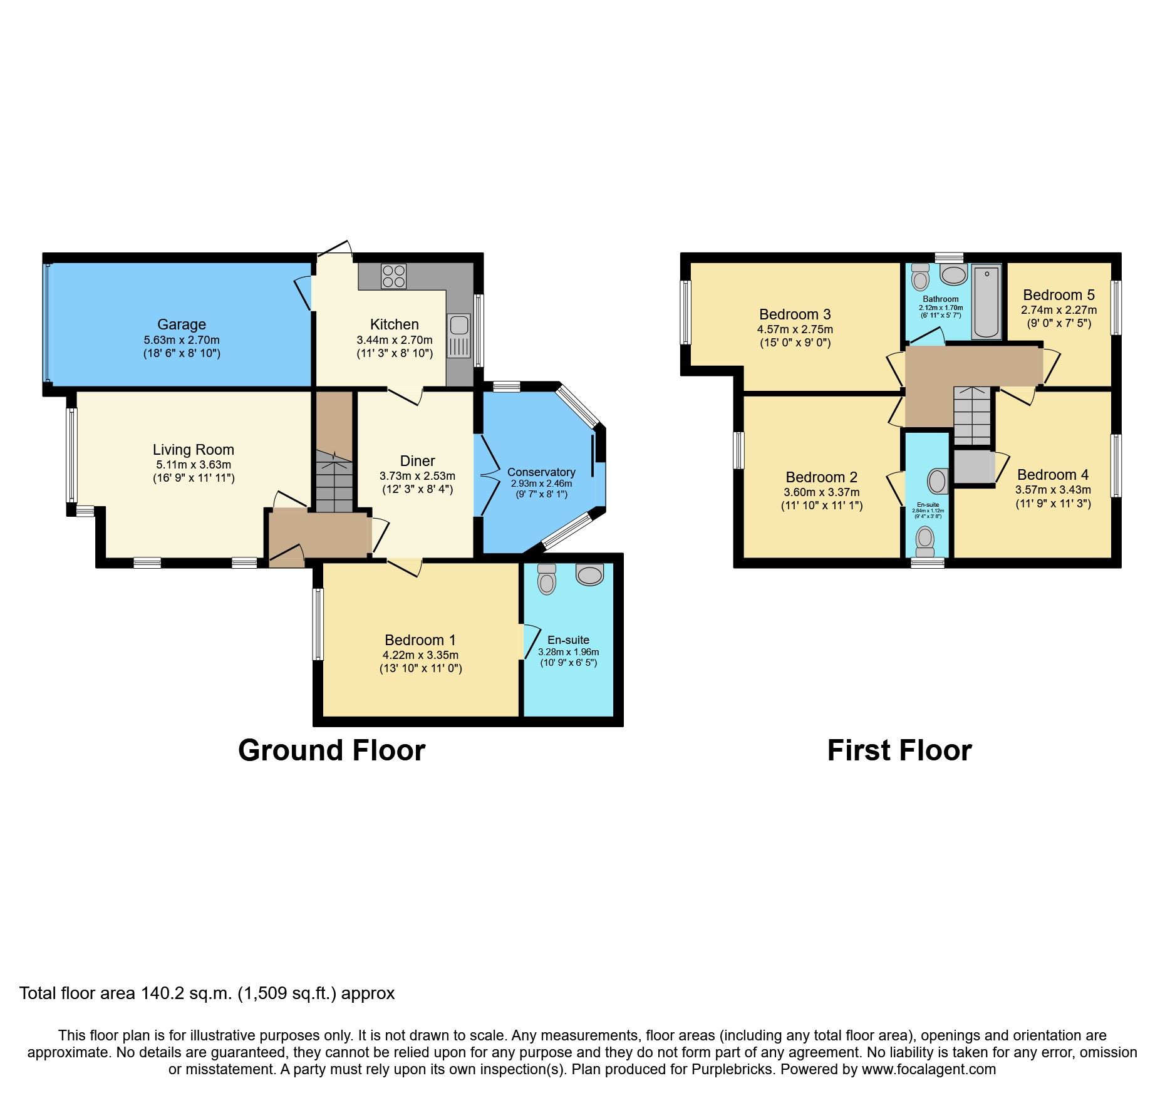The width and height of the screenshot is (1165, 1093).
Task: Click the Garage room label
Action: [181, 324]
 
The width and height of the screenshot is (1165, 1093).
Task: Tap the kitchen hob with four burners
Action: [393, 276]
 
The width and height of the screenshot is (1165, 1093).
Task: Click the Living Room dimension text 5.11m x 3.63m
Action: [194, 465]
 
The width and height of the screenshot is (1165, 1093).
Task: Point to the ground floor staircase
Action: [334, 483]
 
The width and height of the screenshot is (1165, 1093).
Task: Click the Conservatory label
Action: [541, 472]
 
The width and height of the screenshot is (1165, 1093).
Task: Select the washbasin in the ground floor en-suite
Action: [589, 574]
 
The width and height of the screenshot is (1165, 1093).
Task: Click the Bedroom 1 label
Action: [420, 640]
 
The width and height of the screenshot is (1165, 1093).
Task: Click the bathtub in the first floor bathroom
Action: [986, 302]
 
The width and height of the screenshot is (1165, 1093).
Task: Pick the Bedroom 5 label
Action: [1059, 295]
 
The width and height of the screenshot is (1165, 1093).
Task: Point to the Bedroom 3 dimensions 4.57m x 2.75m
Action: [795, 329]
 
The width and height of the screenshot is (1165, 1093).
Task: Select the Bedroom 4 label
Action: [1053, 475]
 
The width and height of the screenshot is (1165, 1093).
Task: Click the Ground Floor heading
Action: [331, 750]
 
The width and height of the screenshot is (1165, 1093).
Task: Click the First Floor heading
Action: [899, 750]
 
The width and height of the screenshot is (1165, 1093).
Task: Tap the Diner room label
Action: [417, 461]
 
